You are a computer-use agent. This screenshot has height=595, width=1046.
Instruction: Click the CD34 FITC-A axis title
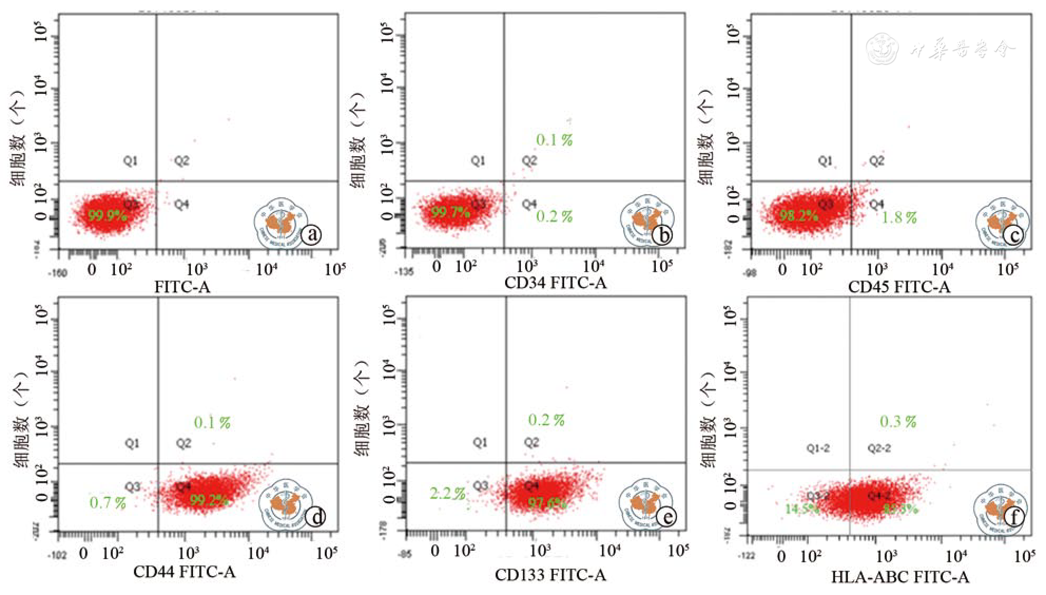555,283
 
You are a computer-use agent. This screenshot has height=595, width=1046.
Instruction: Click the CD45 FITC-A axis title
899,287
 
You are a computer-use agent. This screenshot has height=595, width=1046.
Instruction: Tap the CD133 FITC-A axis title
550,574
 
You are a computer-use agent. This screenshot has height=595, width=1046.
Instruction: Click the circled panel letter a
312,235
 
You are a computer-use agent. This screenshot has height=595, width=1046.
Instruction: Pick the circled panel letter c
1013,235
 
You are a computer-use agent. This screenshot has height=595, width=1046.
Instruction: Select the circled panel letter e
666,517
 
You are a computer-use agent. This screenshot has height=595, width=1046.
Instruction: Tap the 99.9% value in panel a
107,215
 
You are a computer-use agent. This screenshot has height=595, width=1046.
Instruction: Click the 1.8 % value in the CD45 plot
899,217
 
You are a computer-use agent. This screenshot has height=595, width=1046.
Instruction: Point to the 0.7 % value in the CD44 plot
108,503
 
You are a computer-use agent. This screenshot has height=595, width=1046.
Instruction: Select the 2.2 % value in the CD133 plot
447,494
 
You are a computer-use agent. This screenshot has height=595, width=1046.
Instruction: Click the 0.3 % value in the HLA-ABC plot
898,422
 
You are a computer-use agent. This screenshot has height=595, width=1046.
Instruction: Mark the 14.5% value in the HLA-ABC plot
801,510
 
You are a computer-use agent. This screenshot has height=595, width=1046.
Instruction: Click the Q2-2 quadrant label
879,448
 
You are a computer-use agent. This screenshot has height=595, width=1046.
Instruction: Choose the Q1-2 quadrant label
818,448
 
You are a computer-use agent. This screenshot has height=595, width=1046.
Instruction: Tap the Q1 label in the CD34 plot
478,160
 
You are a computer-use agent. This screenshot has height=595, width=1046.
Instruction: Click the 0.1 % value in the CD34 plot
554,140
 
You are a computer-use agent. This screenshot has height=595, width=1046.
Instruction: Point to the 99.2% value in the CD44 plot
208,500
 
